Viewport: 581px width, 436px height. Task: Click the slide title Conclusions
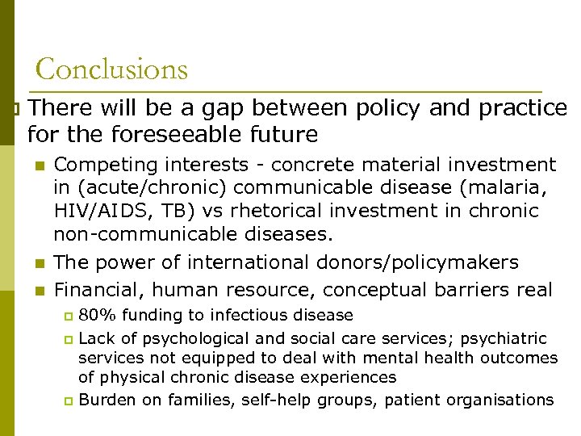[111, 69]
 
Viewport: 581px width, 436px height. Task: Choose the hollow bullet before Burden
[69, 400]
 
